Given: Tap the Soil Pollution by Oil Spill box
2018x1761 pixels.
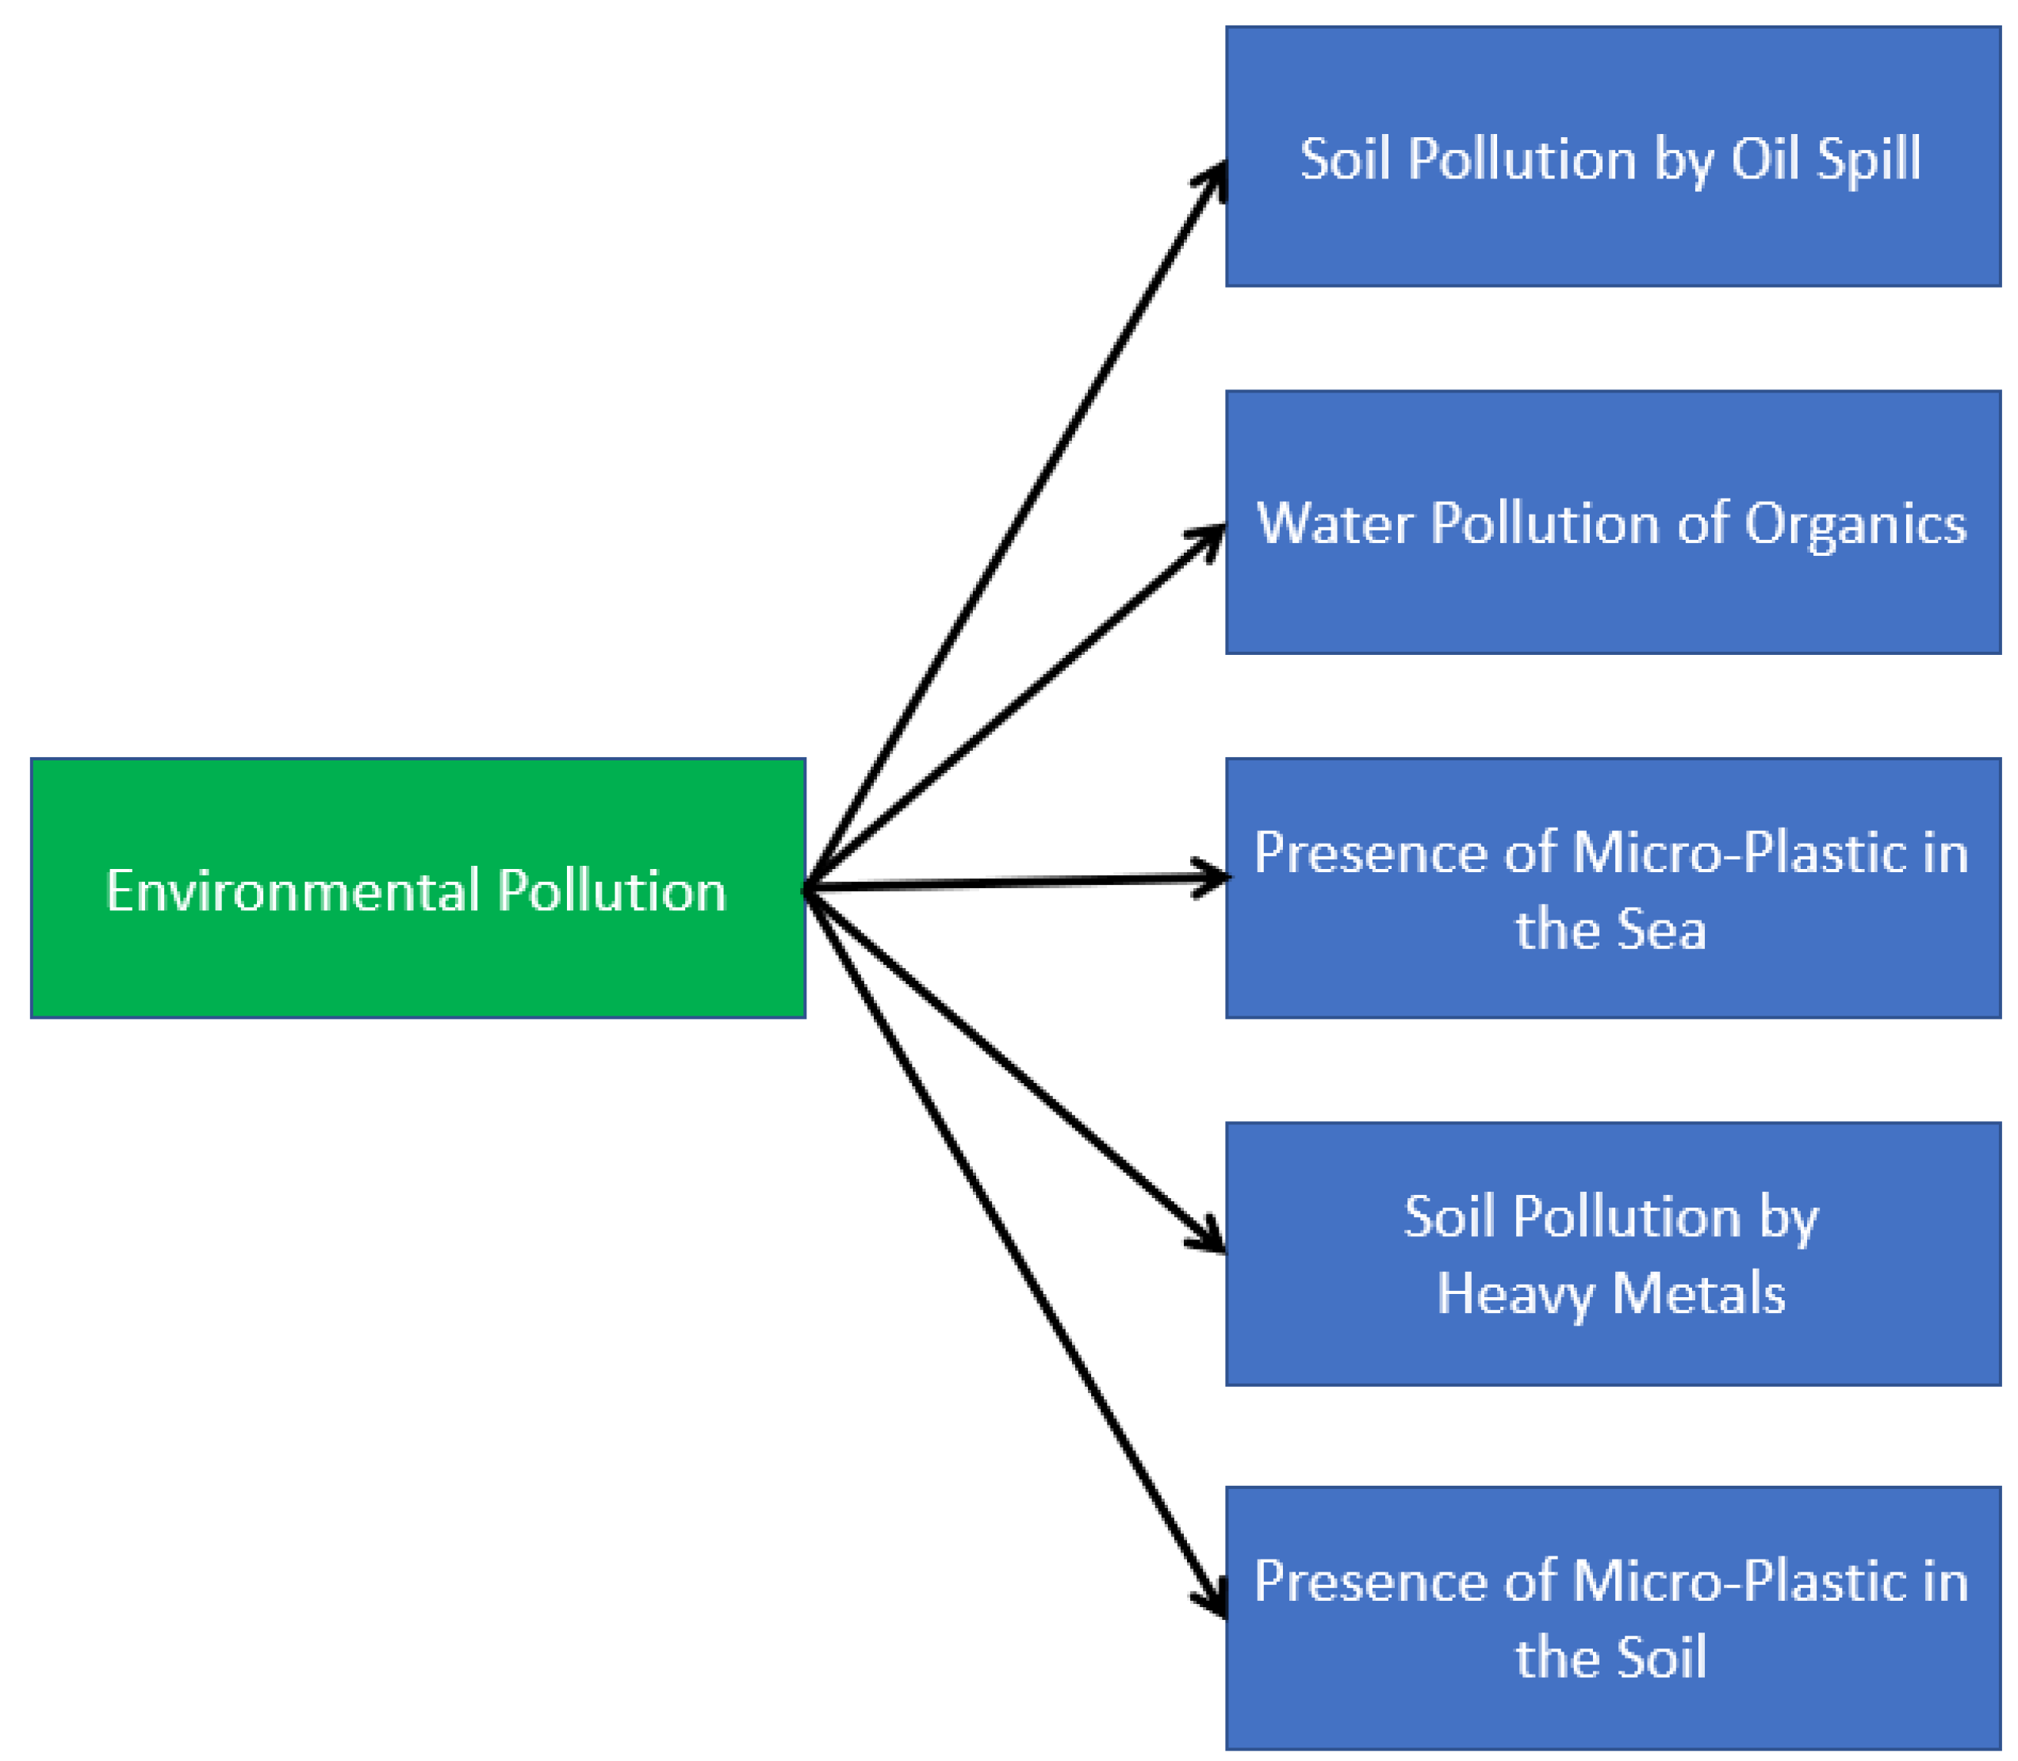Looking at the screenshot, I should point(1612,235).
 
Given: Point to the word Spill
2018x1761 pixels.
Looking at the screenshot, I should point(1867,160).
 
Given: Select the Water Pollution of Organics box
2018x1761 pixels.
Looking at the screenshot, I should point(1612,599).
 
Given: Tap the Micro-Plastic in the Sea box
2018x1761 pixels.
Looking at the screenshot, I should point(1612,973).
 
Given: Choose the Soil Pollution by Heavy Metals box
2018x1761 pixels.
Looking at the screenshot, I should point(1612,1346).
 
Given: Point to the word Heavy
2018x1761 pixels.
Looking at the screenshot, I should point(1514,1294).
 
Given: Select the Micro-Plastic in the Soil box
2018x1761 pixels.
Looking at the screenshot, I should point(1612,1700).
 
